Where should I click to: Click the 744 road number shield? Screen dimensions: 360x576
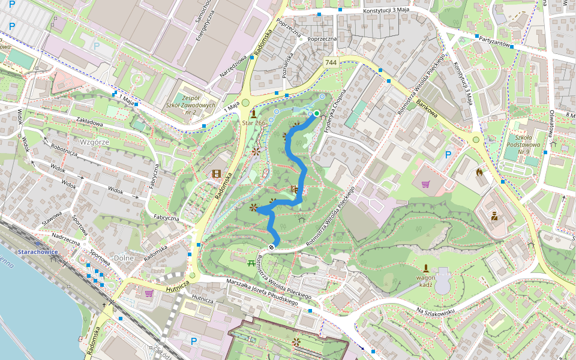tap(331, 62)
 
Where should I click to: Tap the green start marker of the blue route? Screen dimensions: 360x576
tap(316, 113)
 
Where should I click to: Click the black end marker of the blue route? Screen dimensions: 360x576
tap(272, 245)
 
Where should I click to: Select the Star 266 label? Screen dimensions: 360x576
tap(253, 123)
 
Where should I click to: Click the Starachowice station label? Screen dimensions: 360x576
tap(37, 252)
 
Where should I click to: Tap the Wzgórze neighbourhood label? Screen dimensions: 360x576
tap(94, 142)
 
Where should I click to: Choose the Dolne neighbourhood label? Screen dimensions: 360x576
tap(123, 257)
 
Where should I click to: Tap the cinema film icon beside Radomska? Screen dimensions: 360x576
tap(216, 174)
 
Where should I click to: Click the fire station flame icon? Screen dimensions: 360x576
tap(479, 172)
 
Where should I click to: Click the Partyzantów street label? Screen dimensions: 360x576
tap(491, 44)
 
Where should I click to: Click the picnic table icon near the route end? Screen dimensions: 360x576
tap(251, 262)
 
